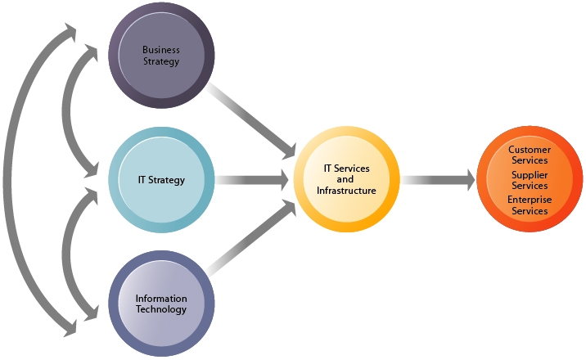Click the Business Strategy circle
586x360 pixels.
tap(161, 56)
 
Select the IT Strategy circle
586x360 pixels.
tap(161, 180)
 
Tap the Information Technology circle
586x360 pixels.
tap(161, 304)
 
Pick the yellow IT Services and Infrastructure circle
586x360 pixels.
tap(346, 180)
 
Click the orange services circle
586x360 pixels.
tap(530, 180)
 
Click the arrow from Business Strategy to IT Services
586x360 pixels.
tap(250, 118)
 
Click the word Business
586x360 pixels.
tap(160, 50)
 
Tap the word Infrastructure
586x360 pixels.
tap(346, 191)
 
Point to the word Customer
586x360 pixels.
tap(530, 151)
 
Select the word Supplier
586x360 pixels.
tap(530, 175)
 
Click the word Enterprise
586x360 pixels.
tap(530, 200)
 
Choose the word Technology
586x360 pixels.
tap(161, 309)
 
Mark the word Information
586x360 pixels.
tap(161, 299)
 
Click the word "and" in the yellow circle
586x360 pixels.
tap(346, 179)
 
